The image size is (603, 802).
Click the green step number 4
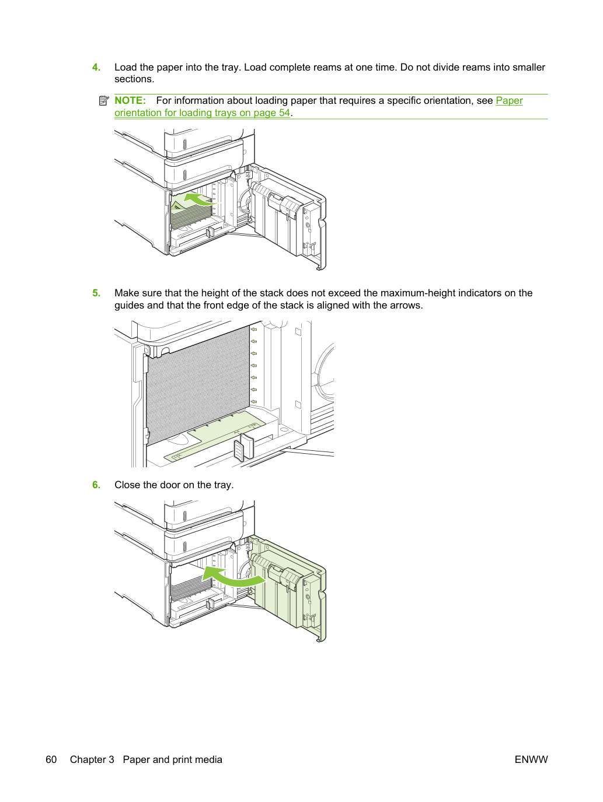tap(96, 67)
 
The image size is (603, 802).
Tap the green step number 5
tap(96, 293)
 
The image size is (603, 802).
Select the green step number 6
tap(96, 485)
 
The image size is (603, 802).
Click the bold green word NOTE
tap(130, 100)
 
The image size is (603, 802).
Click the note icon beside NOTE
tap(104, 100)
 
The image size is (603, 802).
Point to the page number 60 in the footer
tap(51, 759)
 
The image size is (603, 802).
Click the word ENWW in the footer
tap(531, 759)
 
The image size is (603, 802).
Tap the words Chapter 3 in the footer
tap(92, 759)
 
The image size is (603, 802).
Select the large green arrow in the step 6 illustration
tap(234, 576)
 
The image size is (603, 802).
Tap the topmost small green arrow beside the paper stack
tap(254, 330)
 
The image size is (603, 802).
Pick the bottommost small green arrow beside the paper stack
tap(254, 402)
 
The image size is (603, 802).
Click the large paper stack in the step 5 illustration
tap(197, 384)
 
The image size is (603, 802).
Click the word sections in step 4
tap(134, 79)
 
